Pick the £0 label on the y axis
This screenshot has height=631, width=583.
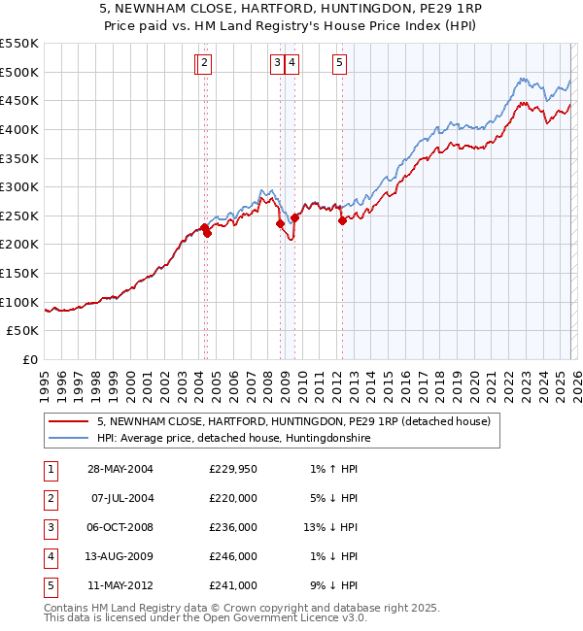click(30, 359)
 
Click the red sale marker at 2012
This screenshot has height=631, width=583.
click(342, 221)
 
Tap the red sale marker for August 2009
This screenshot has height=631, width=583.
click(294, 218)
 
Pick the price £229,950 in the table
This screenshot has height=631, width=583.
click(233, 469)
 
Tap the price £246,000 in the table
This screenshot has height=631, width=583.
click(233, 556)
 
